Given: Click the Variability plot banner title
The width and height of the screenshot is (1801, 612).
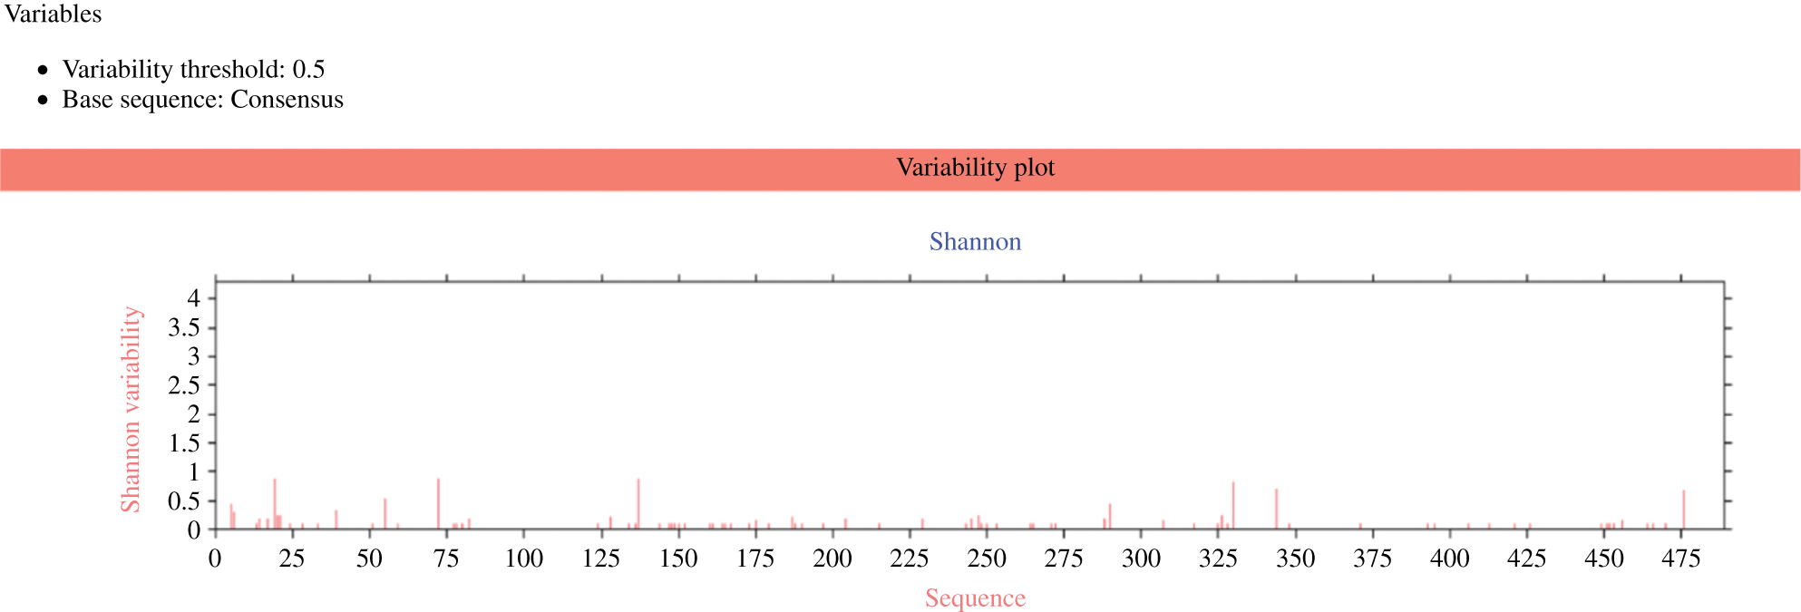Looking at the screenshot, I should tap(975, 168).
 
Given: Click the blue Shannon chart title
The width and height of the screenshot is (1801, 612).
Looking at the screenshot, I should tap(975, 242).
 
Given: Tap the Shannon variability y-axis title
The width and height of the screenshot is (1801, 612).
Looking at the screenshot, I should tap(131, 409).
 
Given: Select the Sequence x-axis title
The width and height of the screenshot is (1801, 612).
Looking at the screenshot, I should tap(975, 598).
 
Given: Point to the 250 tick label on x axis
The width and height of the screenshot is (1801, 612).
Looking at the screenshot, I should tap(987, 559).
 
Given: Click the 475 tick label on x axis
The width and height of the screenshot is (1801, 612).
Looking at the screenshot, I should tap(1680, 559).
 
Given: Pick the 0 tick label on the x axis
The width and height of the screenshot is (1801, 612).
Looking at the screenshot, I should tap(215, 559).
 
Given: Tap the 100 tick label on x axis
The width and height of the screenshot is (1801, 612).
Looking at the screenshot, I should tap(523, 559).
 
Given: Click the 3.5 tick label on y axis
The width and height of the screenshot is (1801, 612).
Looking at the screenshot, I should tap(183, 328).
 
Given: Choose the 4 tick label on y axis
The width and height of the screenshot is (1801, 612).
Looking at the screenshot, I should tap(193, 298).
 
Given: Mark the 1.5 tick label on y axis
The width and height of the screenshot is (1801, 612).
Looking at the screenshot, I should tap(183, 443).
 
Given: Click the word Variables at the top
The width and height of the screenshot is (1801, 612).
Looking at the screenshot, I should tap(53, 14).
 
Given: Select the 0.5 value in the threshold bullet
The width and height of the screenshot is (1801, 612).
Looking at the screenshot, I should tap(308, 70).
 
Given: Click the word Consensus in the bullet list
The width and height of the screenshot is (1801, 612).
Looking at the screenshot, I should tap(287, 100).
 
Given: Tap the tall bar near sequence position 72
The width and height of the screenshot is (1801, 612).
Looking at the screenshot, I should tap(438, 503).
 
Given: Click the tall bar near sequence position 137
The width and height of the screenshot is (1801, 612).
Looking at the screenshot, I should tap(638, 503).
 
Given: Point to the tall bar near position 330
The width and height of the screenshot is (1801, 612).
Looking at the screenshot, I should tap(1233, 505).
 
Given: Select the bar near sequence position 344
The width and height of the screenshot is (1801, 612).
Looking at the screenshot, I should tap(1276, 509).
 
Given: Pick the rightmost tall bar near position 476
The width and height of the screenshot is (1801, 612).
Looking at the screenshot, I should tap(1684, 510).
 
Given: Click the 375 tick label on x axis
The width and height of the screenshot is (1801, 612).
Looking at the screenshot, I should tap(1372, 559).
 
